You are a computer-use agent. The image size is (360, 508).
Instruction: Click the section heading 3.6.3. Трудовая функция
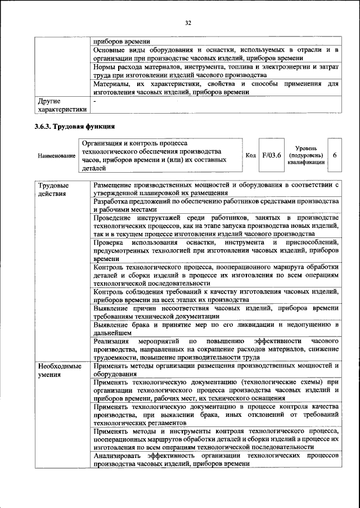pyautogui.click(x=74, y=126)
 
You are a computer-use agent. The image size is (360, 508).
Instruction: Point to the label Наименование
pyautogui.click(x=56, y=155)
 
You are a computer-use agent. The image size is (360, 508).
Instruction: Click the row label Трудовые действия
pyautogui.click(x=54, y=189)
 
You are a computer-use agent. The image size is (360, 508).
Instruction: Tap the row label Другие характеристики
pyautogui.click(x=62, y=105)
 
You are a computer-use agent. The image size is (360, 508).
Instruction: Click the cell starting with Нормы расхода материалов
pyautogui.click(x=216, y=70)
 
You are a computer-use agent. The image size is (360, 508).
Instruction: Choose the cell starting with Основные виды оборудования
pyautogui.click(x=216, y=54)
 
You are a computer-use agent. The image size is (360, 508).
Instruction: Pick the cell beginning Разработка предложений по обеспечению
pyautogui.click(x=216, y=205)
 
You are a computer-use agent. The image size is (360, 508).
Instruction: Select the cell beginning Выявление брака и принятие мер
pyautogui.click(x=216, y=329)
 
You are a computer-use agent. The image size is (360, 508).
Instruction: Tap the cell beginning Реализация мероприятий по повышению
pyautogui.click(x=216, y=349)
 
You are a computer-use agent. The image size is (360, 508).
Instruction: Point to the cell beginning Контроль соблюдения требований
pyautogui.click(x=216, y=295)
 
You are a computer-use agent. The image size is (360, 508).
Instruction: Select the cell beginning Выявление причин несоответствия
pyautogui.click(x=216, y=313)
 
